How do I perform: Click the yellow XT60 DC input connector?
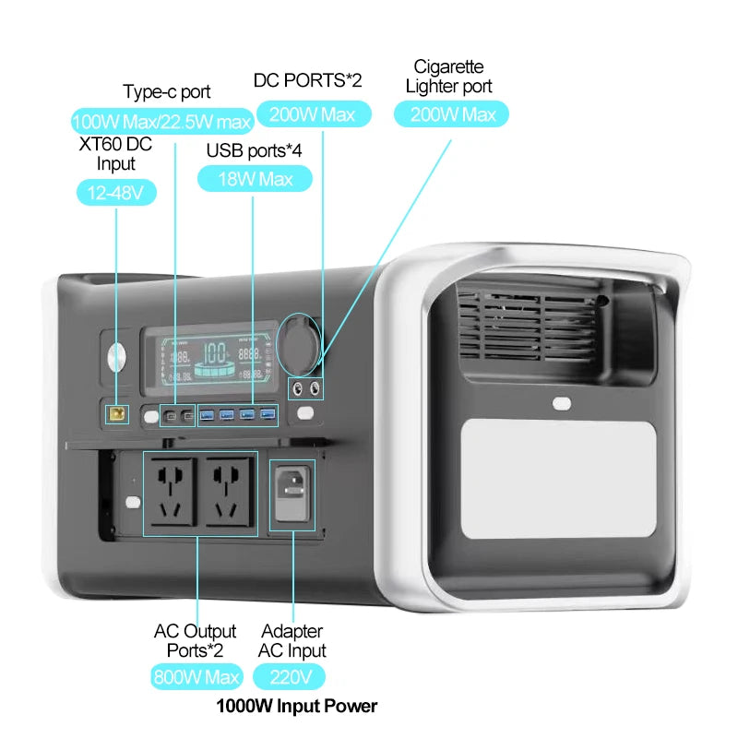pos(117,414)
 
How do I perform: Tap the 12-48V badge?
pos(116,193)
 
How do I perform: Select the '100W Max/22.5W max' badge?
pos(162,121)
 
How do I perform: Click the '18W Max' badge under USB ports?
pos(255,178)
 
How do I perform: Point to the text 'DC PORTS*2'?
pos(307,81)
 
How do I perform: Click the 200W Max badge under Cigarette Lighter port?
pos(451,114)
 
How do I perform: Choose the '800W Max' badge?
pos(196,676)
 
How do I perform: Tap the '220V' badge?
pos(295,676)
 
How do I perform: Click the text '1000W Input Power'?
pos(296,707)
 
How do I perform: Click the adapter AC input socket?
pos(292,494)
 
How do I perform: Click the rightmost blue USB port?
pos(268,414)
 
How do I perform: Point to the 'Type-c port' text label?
pos(167,92)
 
